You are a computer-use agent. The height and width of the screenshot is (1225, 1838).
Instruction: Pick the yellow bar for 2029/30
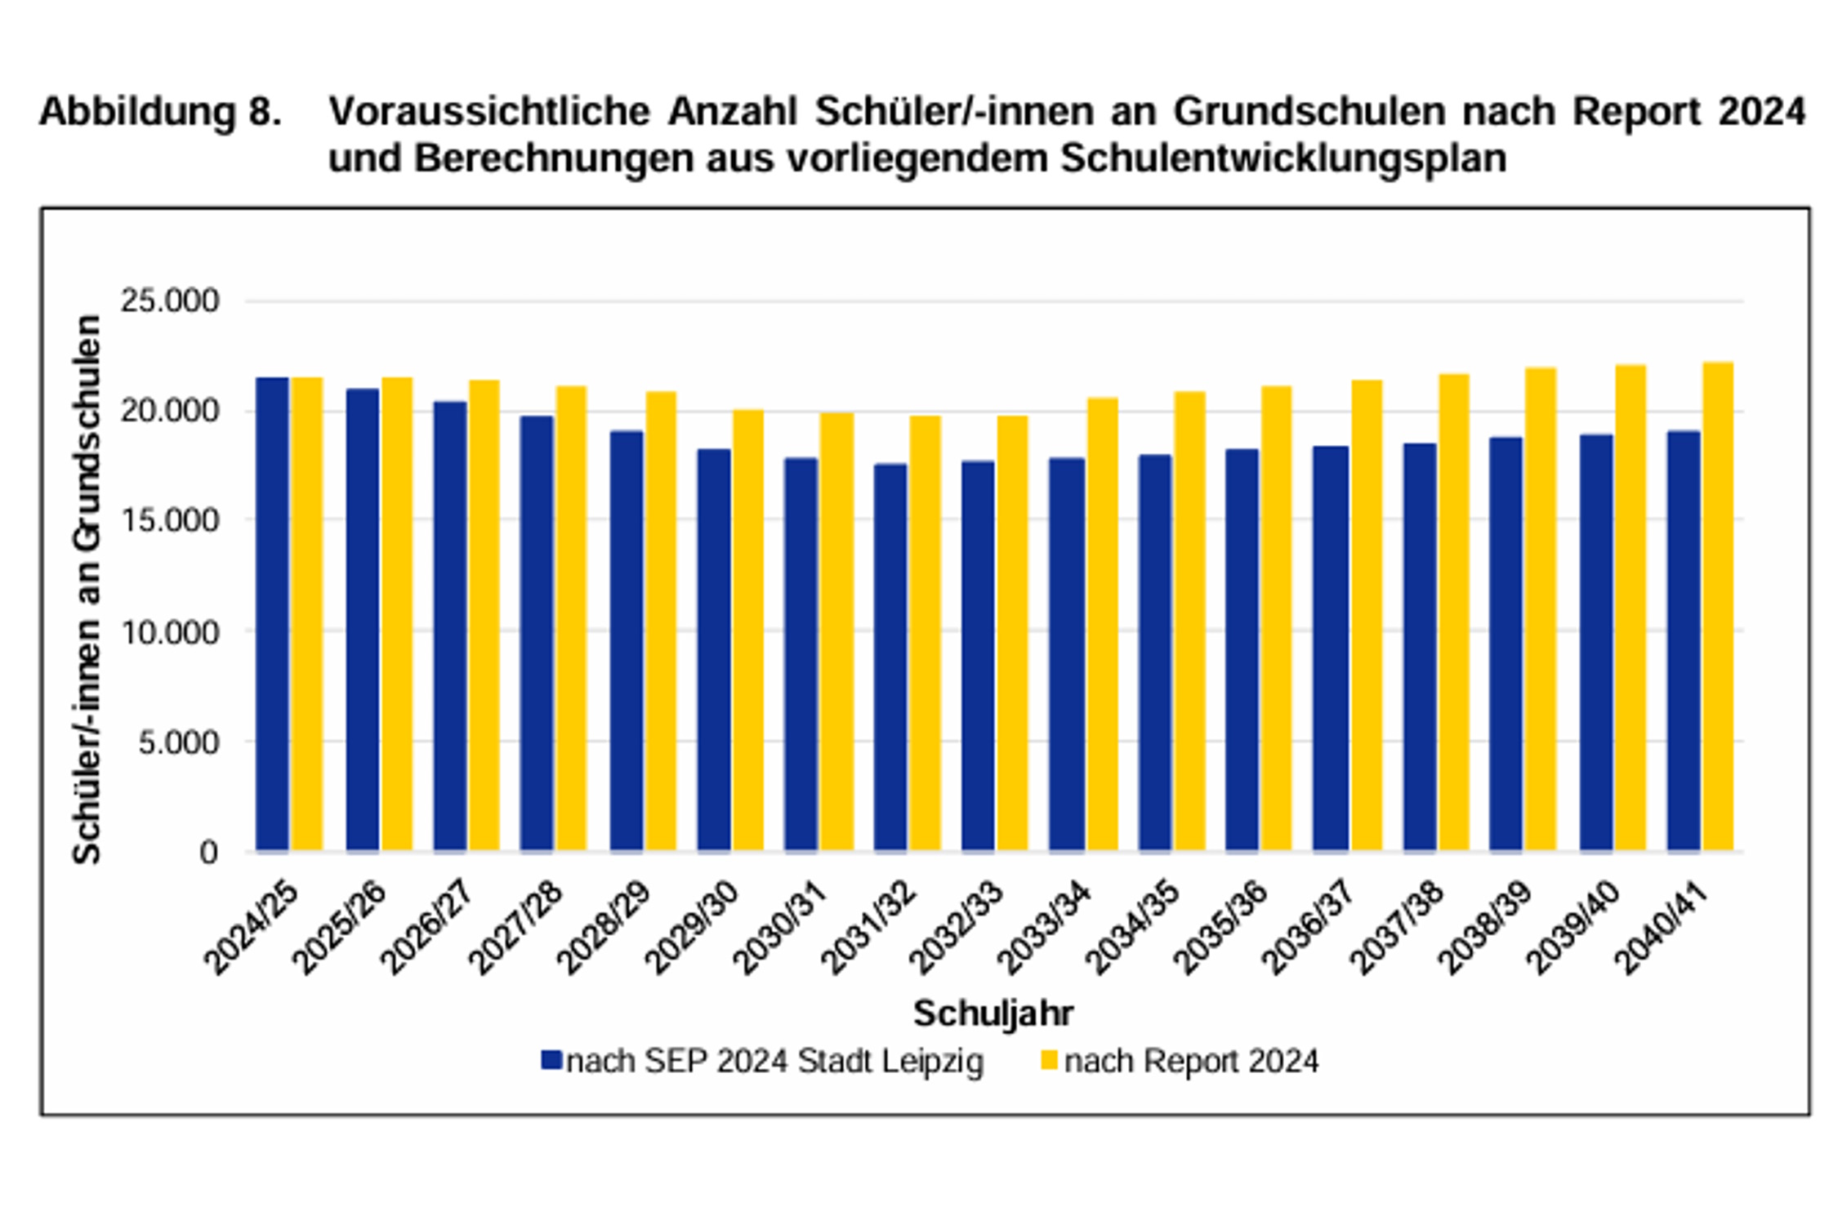(748, 630)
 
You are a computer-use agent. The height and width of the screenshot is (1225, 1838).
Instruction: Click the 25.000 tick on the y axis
(170, 301)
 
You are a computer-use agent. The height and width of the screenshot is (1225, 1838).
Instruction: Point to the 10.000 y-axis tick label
(170, 632)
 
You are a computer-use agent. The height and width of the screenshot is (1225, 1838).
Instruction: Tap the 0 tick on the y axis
(208, 853)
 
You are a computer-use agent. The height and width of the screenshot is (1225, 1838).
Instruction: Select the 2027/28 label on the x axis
(515, 929)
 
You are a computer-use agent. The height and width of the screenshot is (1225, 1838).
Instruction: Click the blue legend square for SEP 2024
(551, 1061)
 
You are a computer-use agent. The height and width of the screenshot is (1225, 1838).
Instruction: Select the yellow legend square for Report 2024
(1049, 1061)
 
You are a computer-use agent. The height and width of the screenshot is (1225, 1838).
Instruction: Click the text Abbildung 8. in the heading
(160, 112)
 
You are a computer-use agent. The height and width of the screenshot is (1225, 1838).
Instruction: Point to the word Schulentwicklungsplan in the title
(1283, 158)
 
